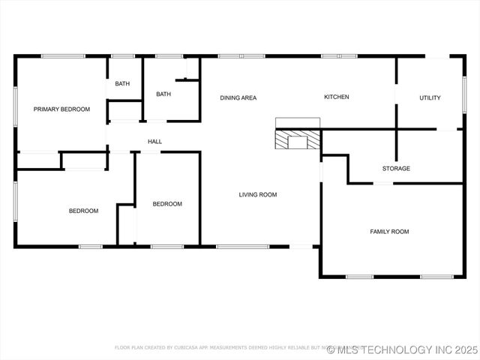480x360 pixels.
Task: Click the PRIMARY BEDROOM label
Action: click(61, 109)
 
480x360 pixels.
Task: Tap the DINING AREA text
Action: click(238, 97)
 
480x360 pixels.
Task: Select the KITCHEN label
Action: click(336, 97)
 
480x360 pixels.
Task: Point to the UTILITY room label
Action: click(430, 97)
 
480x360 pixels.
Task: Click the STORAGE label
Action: click(396, 169)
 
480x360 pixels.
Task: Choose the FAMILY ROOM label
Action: click(389, 232)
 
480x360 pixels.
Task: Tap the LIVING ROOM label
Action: click(258, 195)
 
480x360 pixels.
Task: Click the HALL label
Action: click(154, 142)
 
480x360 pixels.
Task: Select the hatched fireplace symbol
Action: click(298, 140)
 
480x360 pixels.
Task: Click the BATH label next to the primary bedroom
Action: click(122, 83)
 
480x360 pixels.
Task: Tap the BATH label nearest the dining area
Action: click(163, 94)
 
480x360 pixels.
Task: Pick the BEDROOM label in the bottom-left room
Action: click(83, 211)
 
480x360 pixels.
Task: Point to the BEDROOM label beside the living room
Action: click(167, 204)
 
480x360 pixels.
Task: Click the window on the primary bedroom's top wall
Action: click(62, 56)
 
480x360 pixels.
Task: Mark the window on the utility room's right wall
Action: click(464, 96)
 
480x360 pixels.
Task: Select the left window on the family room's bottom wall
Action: click(359, 277)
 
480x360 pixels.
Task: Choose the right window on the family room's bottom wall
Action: click(436, 277)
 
